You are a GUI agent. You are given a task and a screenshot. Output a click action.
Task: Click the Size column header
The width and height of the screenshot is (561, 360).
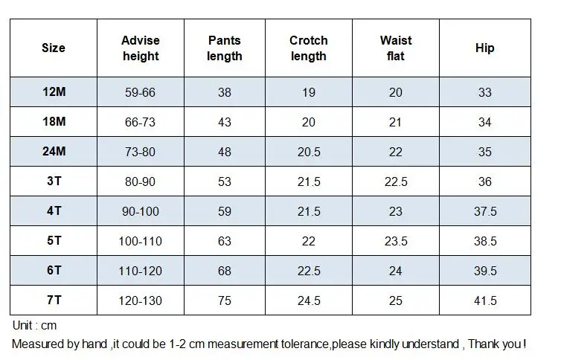[54, 48]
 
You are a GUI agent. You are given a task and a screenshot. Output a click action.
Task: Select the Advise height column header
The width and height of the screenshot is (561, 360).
[141, 48]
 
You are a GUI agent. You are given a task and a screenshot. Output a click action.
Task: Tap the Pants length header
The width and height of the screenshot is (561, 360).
[225, 48]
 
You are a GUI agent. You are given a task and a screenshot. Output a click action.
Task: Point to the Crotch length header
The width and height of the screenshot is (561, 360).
[309, 48]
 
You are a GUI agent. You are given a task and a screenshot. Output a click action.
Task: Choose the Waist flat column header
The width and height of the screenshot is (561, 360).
[396, 48]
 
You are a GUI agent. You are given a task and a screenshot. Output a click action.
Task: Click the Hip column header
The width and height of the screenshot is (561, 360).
[485, 48]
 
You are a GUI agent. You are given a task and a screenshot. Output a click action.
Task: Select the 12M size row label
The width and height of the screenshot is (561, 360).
[54, 92]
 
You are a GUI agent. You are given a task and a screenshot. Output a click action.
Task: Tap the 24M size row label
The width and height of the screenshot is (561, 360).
[54, 151]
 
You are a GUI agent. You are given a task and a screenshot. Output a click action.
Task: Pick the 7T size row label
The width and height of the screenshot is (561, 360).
[54, 300]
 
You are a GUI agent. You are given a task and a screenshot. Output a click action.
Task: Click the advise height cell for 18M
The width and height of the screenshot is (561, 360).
[140, 122]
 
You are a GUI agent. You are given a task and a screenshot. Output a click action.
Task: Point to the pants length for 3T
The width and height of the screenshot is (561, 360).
[225, 181]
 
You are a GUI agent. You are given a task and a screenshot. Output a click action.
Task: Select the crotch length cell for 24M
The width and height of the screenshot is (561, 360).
[309, 152]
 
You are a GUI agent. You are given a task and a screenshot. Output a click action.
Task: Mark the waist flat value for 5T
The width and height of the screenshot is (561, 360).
[396, 241]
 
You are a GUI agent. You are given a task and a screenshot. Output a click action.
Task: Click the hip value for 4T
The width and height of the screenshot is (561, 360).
[485, 211]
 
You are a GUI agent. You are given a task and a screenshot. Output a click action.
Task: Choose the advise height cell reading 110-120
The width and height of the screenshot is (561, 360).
[140, 271]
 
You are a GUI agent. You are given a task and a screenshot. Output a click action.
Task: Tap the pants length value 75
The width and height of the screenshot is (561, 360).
[225, 300]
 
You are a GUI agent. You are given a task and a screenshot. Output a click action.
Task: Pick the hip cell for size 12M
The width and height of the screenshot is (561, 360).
[485, 92]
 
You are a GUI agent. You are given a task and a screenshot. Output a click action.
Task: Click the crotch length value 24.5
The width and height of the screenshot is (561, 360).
[309, 300]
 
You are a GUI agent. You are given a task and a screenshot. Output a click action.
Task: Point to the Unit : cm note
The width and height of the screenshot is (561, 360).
[34, 325]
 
